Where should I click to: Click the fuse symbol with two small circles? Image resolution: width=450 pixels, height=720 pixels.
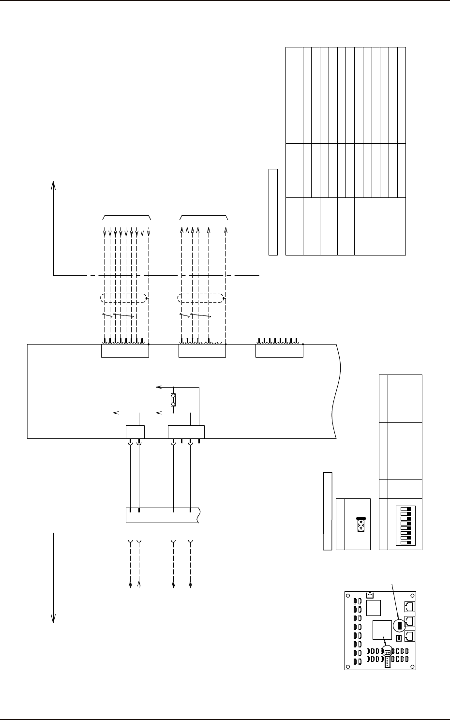tap(173, 400)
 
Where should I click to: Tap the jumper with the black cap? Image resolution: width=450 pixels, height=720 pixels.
tap(360, 524)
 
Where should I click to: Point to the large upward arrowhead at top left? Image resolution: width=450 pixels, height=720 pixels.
tap(54, 186)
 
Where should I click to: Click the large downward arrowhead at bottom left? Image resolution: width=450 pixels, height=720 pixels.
tap(53, 618)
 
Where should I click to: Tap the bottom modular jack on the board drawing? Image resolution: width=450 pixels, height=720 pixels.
tap(409, 636)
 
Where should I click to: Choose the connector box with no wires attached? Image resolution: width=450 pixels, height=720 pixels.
tap(279, 351)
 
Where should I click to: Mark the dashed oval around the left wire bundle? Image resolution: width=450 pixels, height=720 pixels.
tap(123, 299)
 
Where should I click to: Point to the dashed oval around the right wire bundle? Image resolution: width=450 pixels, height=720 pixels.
tap(201, 299)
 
